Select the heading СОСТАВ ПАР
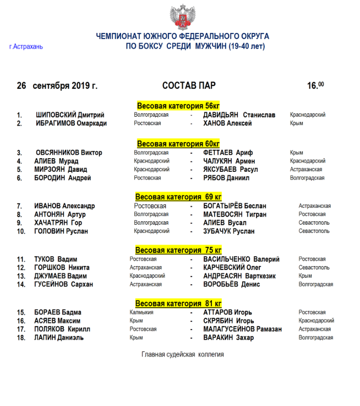(x=189, y=86)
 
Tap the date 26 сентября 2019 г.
(x=57, y=86)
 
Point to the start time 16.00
(x=315, y=85)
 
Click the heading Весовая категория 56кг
(x=178, y=106)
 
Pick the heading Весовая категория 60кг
(x=178, y=143)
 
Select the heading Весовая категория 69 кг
(x=178, y=197)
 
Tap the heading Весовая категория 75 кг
(x=178, y=250)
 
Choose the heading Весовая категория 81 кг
(x=178, y=304)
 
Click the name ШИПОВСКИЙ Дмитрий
(x=70, y=115)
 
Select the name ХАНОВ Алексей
(x=227, y=123)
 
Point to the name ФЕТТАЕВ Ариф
(x=227, y=153)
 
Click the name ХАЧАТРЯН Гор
(x=58, y=223)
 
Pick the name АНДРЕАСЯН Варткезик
(x=238, y=276)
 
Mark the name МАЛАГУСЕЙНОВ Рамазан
(x=242, y=329)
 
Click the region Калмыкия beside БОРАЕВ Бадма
(x=141, y=312)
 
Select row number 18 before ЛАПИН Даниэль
(x=21, y=338)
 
